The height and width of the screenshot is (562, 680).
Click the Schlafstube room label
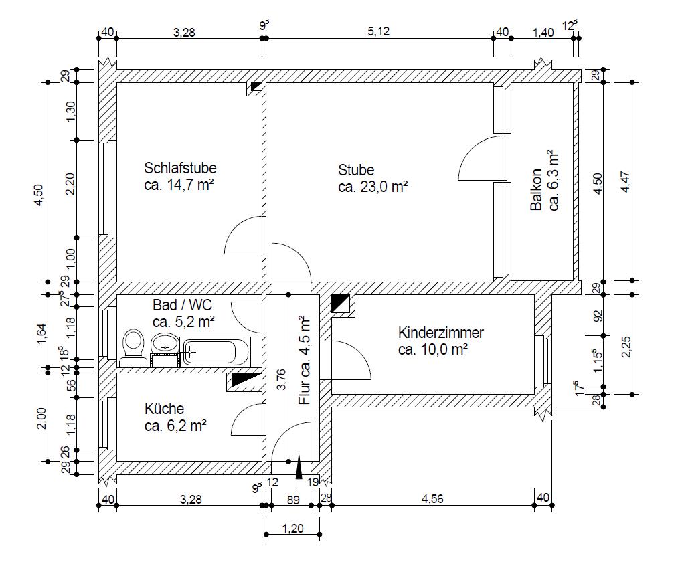click(180, 168)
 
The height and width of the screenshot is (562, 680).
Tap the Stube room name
click(356, 169)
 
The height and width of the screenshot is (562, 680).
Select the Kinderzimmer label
click(440, 333)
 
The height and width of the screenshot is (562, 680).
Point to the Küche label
click(164, 409)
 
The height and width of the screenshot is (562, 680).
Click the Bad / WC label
click(182, 305)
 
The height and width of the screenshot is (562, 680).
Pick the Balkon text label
click(537, 189)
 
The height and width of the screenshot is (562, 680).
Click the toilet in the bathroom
click(133, 348)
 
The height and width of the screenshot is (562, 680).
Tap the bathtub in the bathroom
click(215, 352)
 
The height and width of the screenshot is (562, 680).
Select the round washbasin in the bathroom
click(165, 343)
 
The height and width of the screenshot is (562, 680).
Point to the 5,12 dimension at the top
click(379, 31)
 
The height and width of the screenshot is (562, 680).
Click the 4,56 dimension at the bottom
click(432, 499)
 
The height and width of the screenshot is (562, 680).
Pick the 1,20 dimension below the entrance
click(292, 529)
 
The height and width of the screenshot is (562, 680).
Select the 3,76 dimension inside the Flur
click(281, 379)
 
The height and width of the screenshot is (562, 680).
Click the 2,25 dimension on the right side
click(626, 347)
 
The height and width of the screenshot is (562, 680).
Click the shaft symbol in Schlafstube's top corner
click(256, 87)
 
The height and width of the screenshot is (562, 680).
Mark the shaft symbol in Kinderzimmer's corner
click(341, 304)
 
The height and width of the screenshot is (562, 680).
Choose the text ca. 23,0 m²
click(373, 187)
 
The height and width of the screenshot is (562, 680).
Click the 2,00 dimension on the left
click(41, 418)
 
